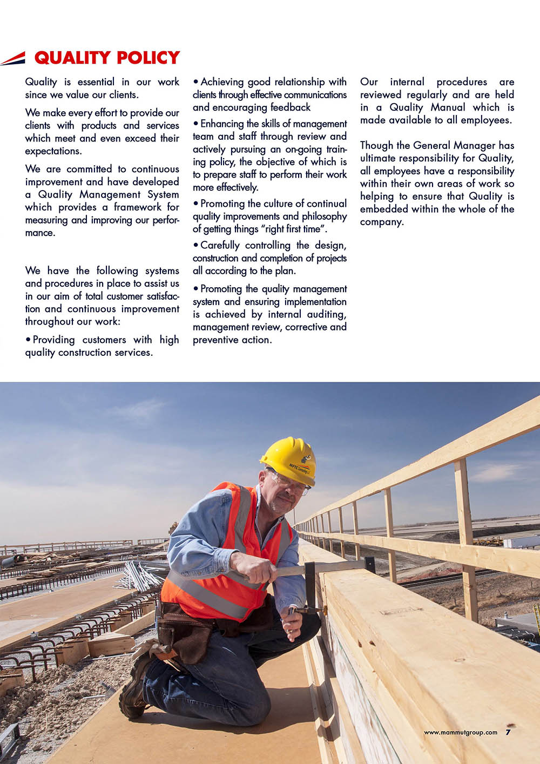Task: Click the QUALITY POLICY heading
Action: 107,57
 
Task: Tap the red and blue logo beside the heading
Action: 13,58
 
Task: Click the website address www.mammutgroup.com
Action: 460,733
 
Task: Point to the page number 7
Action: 508,732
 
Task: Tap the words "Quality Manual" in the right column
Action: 426,107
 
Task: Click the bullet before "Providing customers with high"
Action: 28,340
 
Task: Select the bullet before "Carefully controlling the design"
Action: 195,246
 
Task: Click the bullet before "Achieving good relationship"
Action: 195,82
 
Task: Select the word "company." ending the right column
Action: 382,222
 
